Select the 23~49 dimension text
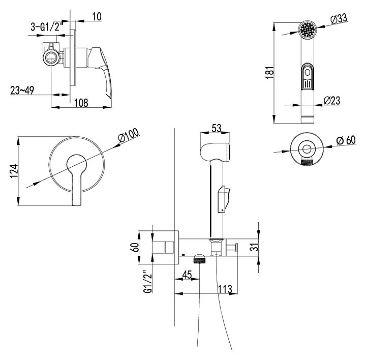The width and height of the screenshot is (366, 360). click(22, 90)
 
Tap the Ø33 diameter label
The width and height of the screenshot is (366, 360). click(339, 19)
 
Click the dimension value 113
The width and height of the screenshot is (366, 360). click(225, 289)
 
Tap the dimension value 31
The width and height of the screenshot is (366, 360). click(256, 248)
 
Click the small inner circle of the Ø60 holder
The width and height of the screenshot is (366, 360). click(307, 149)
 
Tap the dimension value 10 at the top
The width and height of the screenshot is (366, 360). click(97, 17)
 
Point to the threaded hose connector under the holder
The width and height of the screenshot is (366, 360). click(199, 260)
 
